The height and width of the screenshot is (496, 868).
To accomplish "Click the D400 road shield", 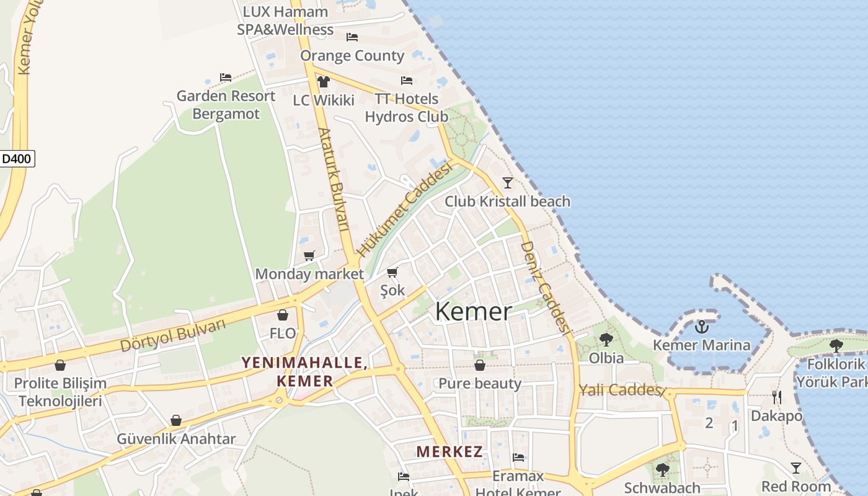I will (x=17, y=159).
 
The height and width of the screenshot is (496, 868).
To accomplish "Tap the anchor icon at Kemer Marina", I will (x=702, y=327).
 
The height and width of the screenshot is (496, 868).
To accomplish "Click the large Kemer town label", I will (x=474, y=311).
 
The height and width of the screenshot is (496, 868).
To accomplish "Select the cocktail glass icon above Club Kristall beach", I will (x=508, y=183).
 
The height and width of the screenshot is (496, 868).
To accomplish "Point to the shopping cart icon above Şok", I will (x=392, y=272).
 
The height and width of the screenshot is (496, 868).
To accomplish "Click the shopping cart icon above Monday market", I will (x=309, y=255).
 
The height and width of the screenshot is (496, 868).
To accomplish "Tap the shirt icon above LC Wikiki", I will (x=323, y=82).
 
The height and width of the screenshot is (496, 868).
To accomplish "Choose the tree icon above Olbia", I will (x=606, y=340).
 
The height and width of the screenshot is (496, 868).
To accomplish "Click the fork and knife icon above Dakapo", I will (x=776, y=397).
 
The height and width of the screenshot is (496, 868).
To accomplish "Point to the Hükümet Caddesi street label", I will (x=404, y=211).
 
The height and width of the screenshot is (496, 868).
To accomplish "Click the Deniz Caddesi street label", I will (x=546, y=287).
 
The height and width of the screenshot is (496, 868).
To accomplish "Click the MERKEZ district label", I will (x=449, y=451).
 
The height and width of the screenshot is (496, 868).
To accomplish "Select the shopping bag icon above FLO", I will (x=283, y=315).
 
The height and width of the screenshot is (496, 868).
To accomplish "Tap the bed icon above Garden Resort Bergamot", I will (x=226, y=77).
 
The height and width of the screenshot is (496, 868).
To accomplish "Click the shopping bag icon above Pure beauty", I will (x=480, y=365).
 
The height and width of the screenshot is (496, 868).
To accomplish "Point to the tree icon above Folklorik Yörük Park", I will (x=836, y=345).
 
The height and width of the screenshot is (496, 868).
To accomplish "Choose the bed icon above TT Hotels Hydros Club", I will (x=407, y=81).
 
